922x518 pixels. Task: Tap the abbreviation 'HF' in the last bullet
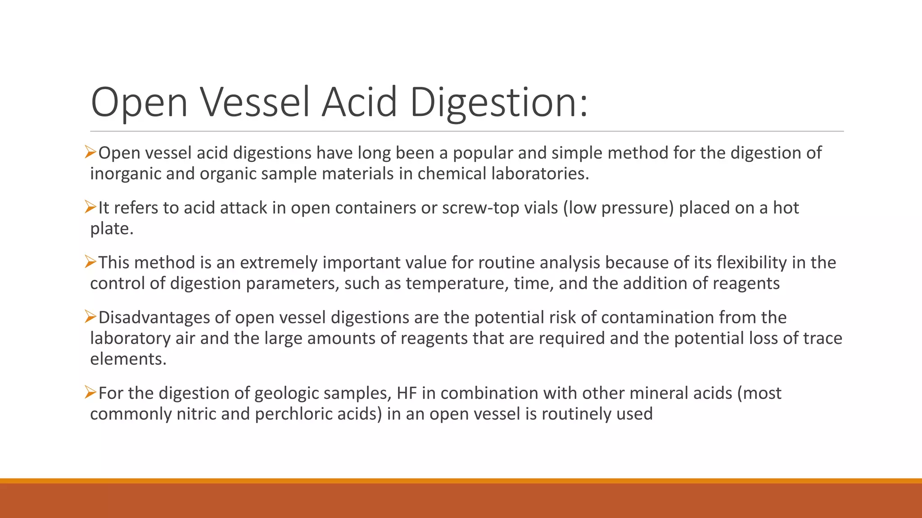click(x=407, y=393)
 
